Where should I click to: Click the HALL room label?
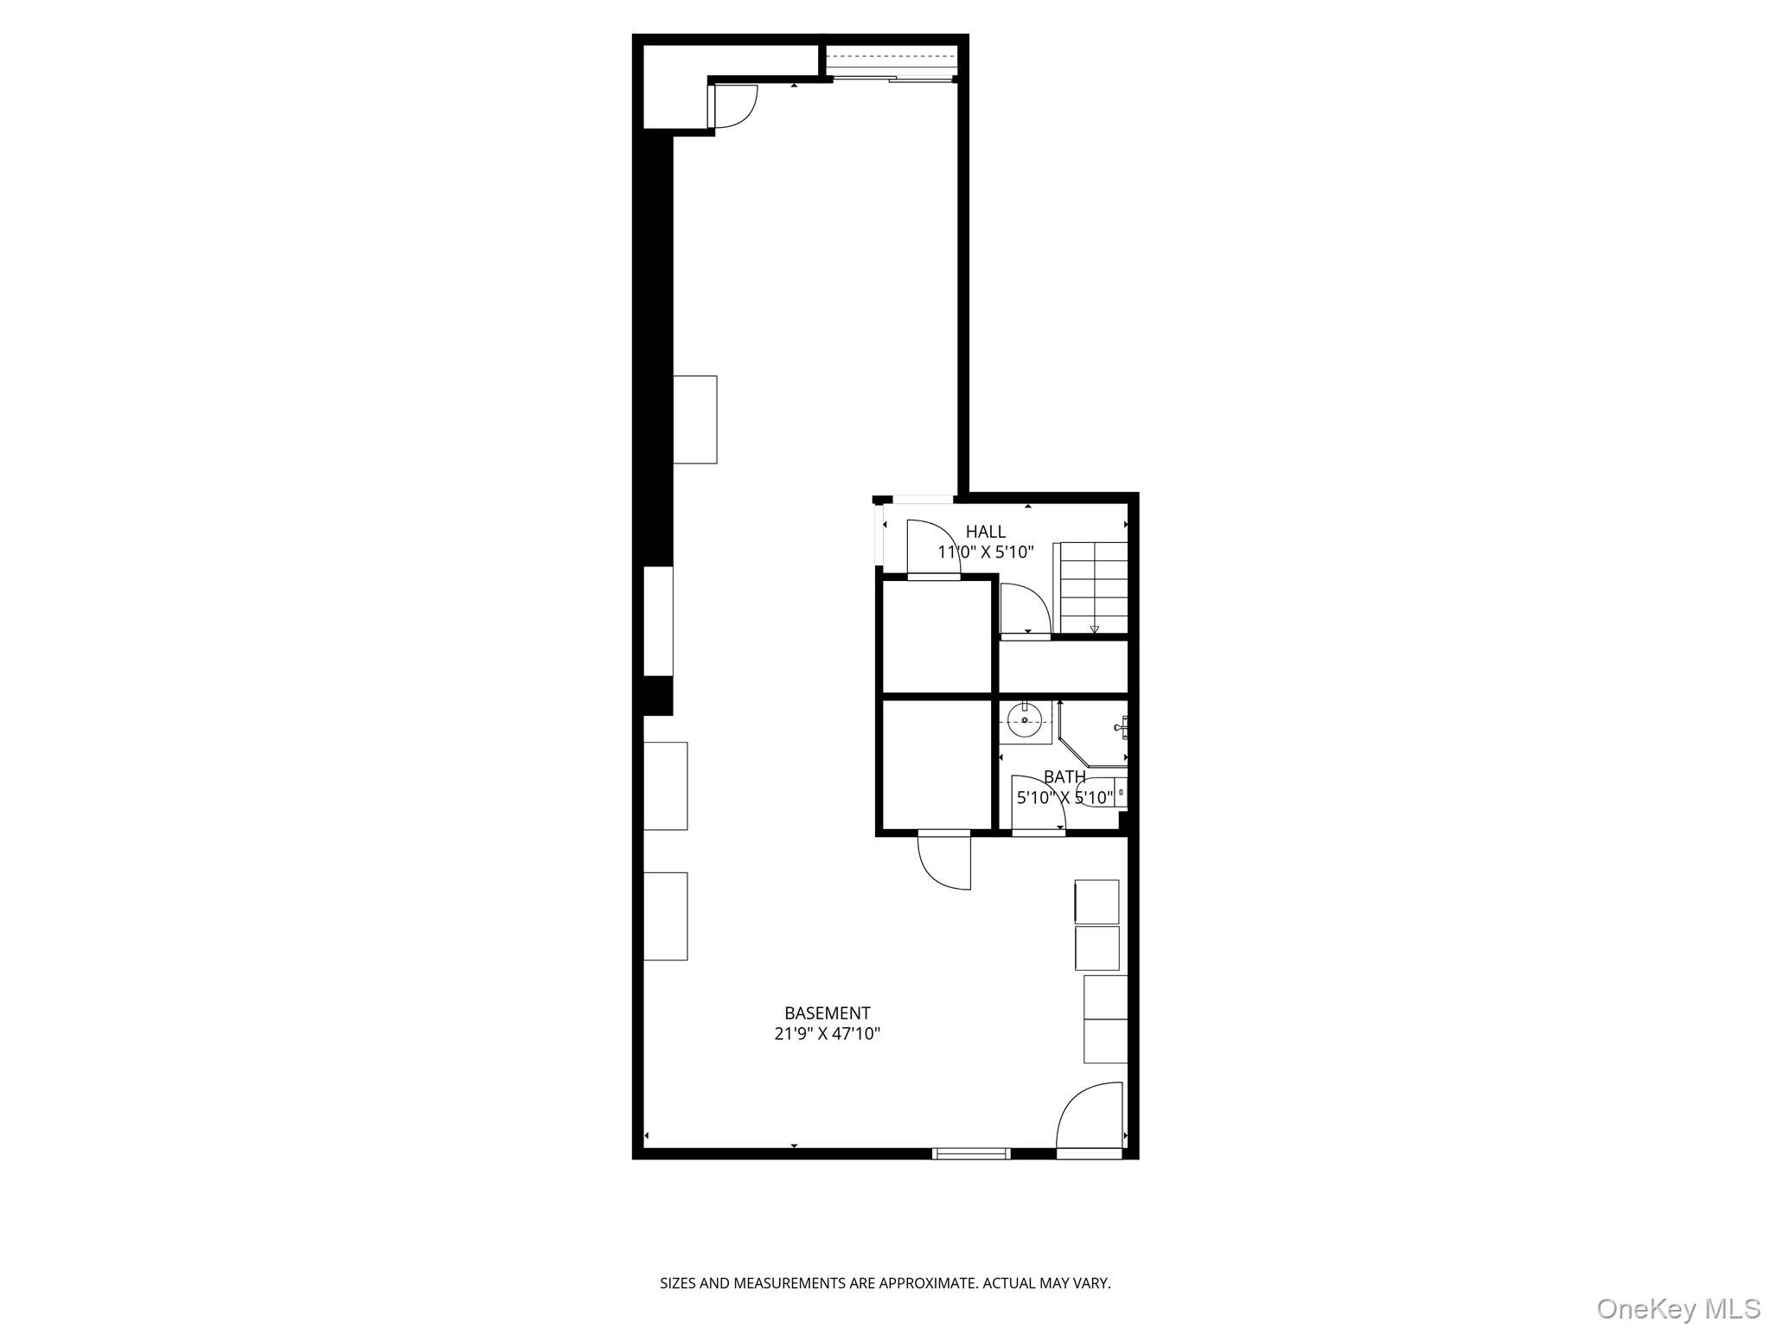click(x=985, y=532)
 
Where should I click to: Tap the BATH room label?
click(x=1064, y=776)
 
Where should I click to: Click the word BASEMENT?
click(x=827, y=1012)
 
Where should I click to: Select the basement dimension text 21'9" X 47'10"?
click(x=827, y=1033)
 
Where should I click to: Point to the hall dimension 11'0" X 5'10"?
click(x=985, y=552)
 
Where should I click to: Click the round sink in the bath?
click(x=1025, y=720)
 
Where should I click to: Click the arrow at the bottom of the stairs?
click(x=1094, y=629)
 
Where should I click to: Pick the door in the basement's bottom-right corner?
click(x=1090, y=1120)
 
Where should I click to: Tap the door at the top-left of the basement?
click(x=733, y=107)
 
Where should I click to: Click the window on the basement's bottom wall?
click(x=971, y=1152)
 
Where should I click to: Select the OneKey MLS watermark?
click(x=1678, y=1308)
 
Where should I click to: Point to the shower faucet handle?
click(x=1122, y=726)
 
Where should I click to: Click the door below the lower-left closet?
click(x=944, y=860)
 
